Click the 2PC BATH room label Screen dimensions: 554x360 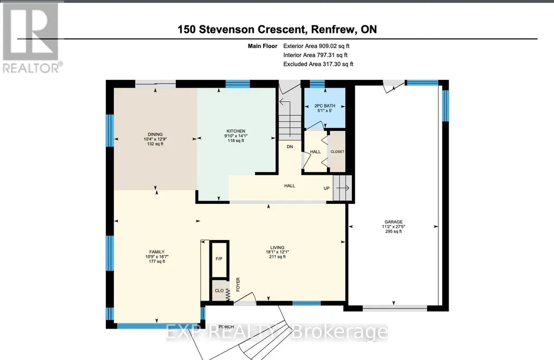[x=325, y=105]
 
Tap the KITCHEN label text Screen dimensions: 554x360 [x=236, y=131]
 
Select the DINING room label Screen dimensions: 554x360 [x=155, y=134]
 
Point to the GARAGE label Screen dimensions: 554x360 [x=393, y=222]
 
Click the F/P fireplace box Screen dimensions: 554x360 [x=219, y=259]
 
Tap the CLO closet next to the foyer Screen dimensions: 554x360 [x=219, y=290]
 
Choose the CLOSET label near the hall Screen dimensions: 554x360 [x=337, y=151]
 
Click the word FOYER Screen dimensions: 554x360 [x=238, y=284]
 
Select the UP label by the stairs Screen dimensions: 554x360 [x=326, y=188]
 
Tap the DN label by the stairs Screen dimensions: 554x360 [x=290, y=146]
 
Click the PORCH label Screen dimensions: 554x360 [x=226, y=327]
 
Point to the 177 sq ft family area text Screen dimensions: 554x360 [x=157, y=262]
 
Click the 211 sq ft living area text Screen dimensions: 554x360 [x=277, y=257]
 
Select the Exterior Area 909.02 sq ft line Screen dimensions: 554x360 [x=316, y=46]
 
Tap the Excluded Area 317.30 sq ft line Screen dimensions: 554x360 [x=318, y=64]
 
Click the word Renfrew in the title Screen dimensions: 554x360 [x=333, y=29]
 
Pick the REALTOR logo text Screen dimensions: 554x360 [x=31, y=68]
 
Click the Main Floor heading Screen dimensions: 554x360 [x=263, y=46]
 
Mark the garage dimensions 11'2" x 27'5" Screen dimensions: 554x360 [x=393, y=227]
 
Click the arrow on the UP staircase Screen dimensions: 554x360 [x=342, y=188]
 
